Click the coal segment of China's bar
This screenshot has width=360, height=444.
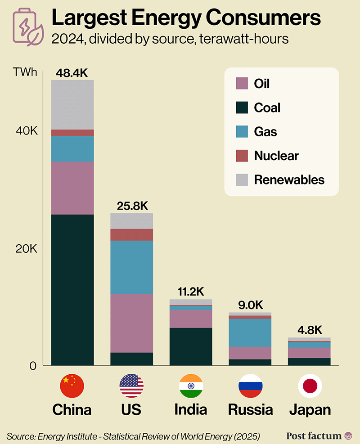tap(72, 290)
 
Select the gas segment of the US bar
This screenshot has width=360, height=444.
tap(132, 267)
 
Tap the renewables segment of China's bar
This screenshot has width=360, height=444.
tap(72, 104)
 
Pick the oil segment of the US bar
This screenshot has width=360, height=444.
tap(132, 323)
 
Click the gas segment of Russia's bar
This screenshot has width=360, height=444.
tap(250, 332)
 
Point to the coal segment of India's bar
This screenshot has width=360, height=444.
tap(191, 346)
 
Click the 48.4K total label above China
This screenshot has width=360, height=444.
tap(72, 72)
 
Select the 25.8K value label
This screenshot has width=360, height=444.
tap(132, 206)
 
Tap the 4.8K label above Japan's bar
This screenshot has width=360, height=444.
tap(310, 330)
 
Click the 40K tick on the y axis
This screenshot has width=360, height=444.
tap(27, 131)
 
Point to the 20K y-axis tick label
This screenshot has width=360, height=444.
tap(27, 249)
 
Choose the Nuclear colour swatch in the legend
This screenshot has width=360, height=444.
tap(242, 156)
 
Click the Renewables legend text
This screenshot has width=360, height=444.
tap(289, 180)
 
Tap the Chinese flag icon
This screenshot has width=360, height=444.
tap(72, 386)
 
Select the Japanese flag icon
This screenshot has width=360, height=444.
tap(310, 386)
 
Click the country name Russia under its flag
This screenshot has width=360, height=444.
tap(250, 410)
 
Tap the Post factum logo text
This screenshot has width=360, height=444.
tap(314, 435)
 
